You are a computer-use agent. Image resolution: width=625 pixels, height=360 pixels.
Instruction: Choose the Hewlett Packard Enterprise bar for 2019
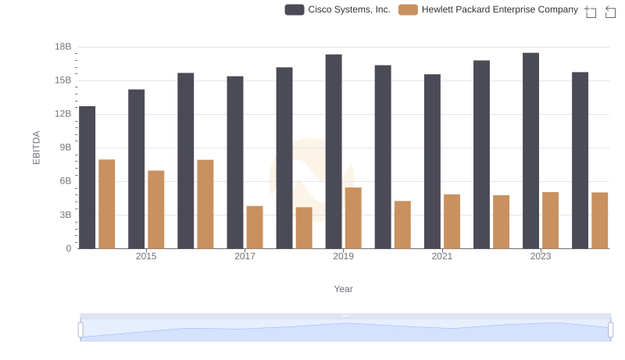point(353,218)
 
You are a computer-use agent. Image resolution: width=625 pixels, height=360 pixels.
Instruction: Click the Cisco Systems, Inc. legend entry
point(337,9)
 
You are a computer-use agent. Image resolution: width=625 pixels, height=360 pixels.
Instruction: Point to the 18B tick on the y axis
point(62,47)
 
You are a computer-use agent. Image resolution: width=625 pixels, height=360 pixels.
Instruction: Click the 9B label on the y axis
point(62,148)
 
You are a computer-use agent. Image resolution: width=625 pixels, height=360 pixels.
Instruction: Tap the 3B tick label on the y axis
point(62,215)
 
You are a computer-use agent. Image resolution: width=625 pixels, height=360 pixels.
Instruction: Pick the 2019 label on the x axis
point(343,256)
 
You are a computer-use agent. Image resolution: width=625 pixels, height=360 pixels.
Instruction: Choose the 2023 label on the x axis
point(541,256)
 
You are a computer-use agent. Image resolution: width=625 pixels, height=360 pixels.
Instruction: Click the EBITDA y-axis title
point(36,148)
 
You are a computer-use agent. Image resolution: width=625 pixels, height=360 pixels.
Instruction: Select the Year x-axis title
point(344,289)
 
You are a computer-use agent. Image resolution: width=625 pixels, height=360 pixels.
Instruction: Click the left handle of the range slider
point(80,330)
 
